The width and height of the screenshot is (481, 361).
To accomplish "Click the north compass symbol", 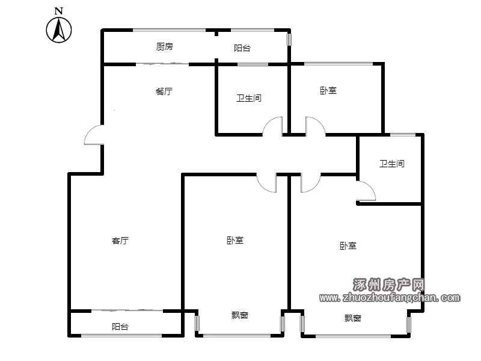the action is click(59, 29).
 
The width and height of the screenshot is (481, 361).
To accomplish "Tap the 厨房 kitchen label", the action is click(164, 47).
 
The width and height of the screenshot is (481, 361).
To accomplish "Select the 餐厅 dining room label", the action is click(164, 91).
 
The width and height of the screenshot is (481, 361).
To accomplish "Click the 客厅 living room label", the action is click(120, 240).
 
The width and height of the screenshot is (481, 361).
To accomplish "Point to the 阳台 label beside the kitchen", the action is click(242, 48).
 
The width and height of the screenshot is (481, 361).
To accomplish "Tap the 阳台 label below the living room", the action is click(120, 326).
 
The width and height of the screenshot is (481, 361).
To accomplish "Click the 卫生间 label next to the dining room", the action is click(249, 98).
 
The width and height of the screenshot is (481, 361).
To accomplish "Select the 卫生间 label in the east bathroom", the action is click(392, 164).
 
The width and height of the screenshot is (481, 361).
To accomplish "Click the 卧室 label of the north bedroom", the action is click(328, 91).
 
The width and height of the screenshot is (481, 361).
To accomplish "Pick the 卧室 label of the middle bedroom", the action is click(235, 240).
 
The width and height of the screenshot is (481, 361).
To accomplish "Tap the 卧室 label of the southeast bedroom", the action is click(348, 245).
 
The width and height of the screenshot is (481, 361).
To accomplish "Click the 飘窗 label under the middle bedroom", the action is click(239, 315).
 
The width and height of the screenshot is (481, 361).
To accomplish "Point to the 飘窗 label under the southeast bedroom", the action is click(353, 318).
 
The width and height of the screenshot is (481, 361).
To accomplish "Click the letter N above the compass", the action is click(58, 11).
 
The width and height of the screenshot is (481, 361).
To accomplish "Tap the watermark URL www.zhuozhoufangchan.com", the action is click(390, 297).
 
